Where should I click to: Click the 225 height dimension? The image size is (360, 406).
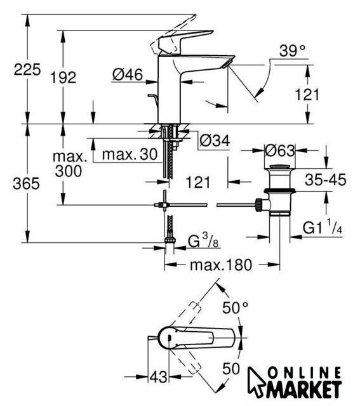[x=27, y=69]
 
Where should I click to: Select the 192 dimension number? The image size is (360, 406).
[x=63, y=77]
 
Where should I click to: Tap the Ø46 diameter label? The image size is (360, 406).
[x=128, y=75]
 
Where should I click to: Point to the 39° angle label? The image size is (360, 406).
[x=292, y=51]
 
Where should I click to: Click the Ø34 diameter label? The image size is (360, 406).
[x=215, y=141]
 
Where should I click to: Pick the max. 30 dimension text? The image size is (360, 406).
[x=130, y=154]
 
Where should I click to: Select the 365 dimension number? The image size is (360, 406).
[x=26, y=183]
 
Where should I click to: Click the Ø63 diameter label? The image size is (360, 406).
[x=280, y=150]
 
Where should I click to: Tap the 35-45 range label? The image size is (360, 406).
[x=326, y=180]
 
